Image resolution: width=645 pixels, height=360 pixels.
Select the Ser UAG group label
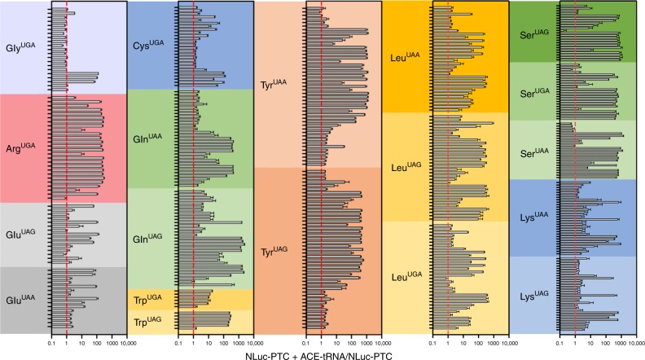click(x=533, y=36)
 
